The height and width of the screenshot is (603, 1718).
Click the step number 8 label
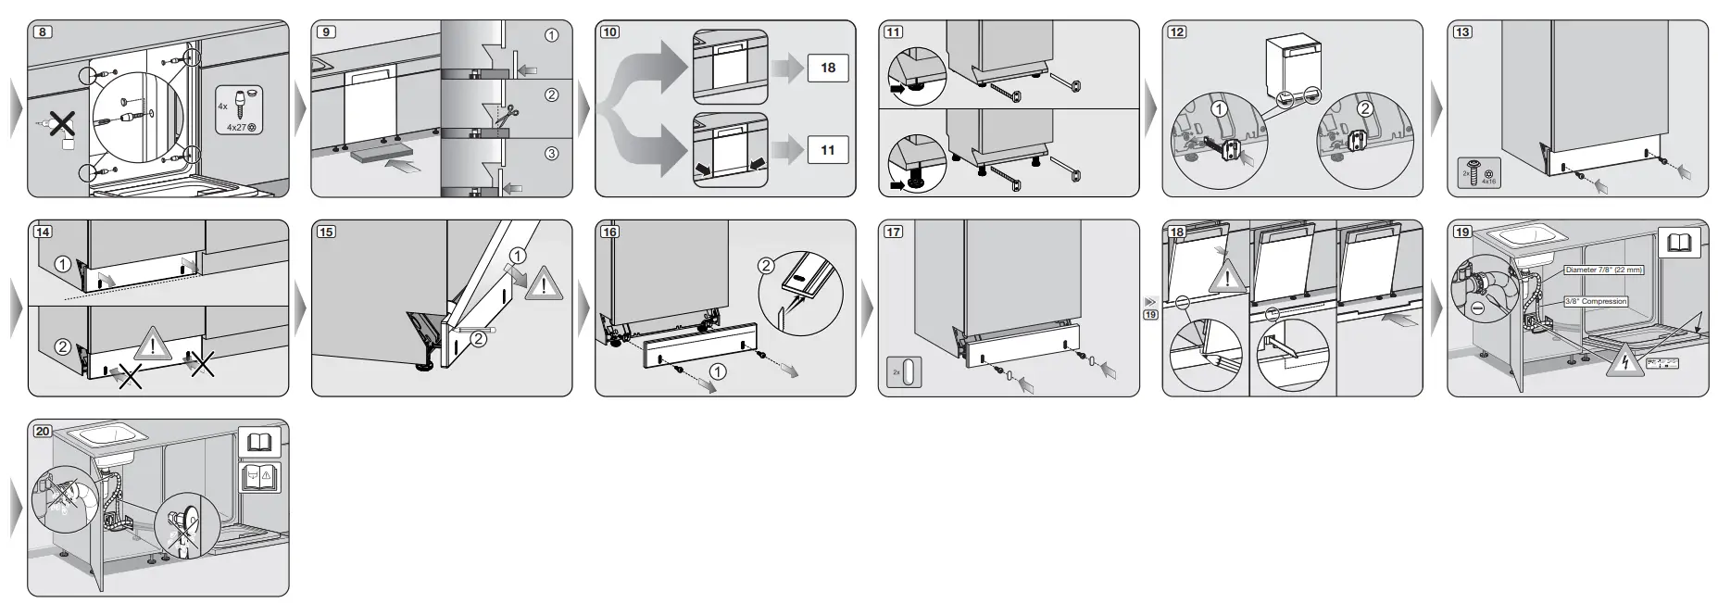click(43, 31)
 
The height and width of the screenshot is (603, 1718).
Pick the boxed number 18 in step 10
click(827, 68)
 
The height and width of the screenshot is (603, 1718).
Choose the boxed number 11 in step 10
click(827, 150)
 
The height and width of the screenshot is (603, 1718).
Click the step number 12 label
click(1176, 31)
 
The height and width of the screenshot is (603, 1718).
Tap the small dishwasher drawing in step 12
click(1294, 63)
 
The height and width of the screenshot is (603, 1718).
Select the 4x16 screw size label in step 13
click(1488, 182)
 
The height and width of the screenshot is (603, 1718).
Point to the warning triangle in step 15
click(544, 284)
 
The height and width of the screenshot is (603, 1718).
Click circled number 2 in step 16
click(767, 266)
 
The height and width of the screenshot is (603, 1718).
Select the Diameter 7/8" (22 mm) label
click(1603, 270)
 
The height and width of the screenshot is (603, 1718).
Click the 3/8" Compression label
click(1596, 301)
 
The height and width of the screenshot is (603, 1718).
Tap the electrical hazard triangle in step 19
click(1621, 362)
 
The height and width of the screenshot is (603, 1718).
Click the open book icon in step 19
click(1679, 243)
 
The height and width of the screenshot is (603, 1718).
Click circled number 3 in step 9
click(551, 154)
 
